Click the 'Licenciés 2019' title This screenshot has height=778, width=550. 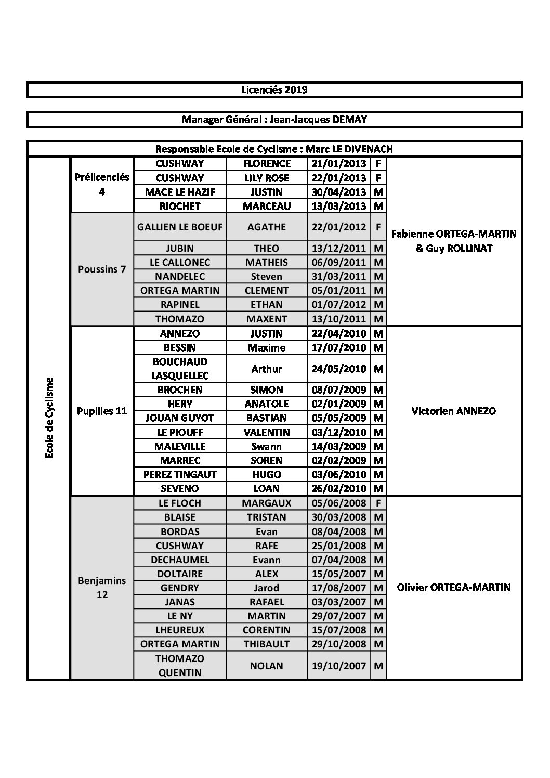[274, 89]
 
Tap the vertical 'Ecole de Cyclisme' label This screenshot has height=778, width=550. [49, 418]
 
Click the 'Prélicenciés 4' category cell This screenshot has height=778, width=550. [102, 185]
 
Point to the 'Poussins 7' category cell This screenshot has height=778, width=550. [102, 269]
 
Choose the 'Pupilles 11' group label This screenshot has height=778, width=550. [102, 411]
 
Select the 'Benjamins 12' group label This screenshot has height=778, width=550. [102, 588]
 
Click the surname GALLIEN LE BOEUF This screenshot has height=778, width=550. [180, 227]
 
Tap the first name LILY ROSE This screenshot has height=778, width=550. [267, 178]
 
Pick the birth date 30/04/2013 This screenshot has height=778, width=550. [338, 192]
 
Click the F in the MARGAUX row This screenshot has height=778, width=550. [378, 503]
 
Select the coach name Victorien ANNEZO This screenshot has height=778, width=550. [453, 411]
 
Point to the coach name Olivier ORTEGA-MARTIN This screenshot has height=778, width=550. [453, 588]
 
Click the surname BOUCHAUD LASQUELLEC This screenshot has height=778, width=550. [180, 369]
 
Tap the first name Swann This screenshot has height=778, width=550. [267, 446]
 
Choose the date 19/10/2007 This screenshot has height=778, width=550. [338, 666]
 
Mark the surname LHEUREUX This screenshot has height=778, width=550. [180, 630]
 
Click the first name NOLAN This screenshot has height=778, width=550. [267, 666]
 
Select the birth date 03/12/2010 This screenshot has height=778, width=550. [338, 432]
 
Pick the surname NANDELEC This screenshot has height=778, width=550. [180, 276]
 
